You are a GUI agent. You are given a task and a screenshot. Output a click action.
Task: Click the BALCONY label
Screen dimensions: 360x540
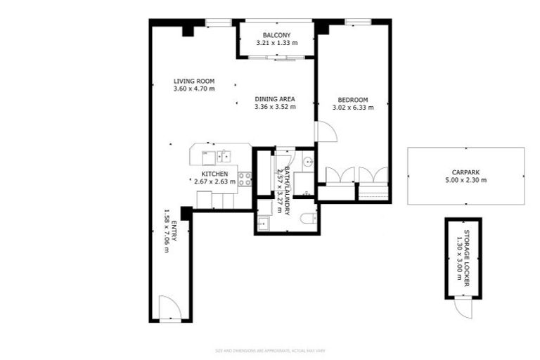tap(276, 35)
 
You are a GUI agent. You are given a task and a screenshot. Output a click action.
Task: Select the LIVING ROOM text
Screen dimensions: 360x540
tap(194, 81)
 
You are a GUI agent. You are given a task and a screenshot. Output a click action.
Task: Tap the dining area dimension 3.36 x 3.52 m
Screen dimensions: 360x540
tap(275, 108)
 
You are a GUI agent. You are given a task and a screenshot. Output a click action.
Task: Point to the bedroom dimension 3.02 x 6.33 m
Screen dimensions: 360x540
tap(353, 108)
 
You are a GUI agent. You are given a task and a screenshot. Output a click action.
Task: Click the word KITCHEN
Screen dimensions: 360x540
tap(214, 173)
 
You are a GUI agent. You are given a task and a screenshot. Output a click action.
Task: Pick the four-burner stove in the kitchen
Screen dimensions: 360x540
tap(245, 179)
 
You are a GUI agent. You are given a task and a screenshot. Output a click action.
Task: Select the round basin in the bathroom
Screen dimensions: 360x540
tap(308, 162)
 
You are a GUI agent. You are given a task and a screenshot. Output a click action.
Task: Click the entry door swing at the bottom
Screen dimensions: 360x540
tap(169, 307)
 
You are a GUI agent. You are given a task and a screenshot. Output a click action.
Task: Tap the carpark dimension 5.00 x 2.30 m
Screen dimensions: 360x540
tap(465, 180)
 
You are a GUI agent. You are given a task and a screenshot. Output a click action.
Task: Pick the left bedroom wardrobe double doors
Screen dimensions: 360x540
tap(336, 174)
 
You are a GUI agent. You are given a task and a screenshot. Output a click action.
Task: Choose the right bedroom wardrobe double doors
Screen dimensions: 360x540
tap(373, 174)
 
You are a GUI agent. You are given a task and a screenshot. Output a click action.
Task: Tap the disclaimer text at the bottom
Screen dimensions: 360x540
tap(270, 350)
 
